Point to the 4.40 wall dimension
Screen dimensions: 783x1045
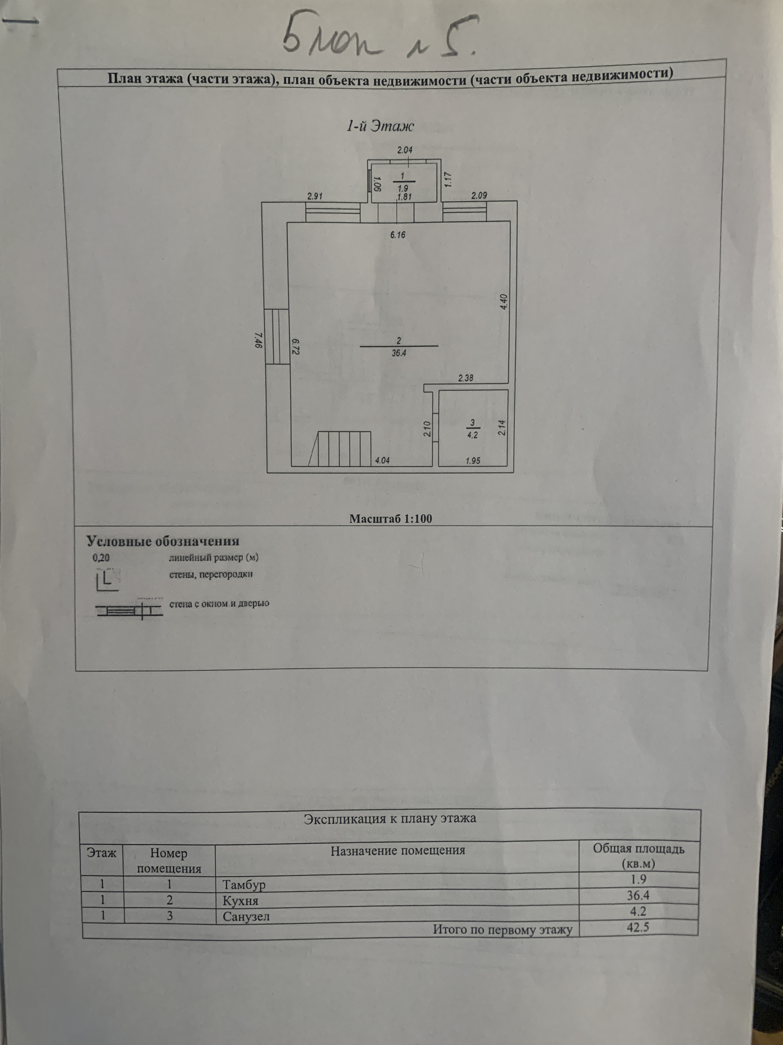pyautogui.click(x=503, y=301)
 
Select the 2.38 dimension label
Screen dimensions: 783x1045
pyautogui.click(x=465, y=378)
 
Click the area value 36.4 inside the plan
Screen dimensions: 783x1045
pyautogui.click(x=398, y=352)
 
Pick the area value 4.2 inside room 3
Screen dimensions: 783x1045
pyautogui.click(x=472, y=435)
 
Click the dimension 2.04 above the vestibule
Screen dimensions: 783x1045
pyautogui.click(x=405, y=150)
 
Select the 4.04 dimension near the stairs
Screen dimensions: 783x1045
pyautogui.click(x=382, y=460)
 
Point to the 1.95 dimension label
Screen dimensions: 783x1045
pyautogui.click(x=472, y=460)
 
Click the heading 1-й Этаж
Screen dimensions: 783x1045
pyautogui.click(x=380, y=126)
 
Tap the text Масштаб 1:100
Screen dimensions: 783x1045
pyautogui.click(x=390, y=519)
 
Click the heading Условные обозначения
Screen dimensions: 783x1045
pyautogui.click(x=163, y=541)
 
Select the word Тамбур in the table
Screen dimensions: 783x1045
pyautogui.click(x=244, y=885)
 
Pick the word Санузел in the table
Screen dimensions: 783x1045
pyautogui.click(x=246, y=917)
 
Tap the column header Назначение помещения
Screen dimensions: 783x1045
pyautogui.click(x=397, y=851)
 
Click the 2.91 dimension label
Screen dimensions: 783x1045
pyautogui.click(x=314, y=196)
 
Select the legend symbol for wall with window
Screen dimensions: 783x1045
pyautogui.click(x=129, y=611)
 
